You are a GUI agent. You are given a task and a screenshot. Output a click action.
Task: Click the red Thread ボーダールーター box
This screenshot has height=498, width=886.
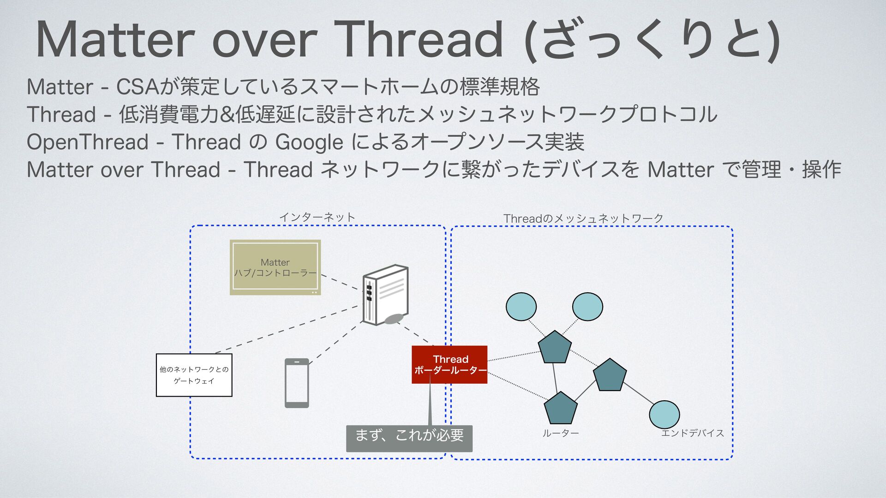click(449, 364)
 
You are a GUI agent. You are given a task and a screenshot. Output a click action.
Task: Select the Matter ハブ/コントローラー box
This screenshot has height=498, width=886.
click(275, 267)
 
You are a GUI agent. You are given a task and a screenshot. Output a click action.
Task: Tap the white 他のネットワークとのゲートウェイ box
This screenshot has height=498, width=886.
click(194, 375)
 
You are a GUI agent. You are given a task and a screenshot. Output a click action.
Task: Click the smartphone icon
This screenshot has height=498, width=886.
click(297, 383)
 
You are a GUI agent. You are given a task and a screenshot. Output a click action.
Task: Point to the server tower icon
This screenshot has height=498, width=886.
click(385, 295)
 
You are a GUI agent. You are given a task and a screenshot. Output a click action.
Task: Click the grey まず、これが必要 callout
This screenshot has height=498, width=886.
click(409, 438)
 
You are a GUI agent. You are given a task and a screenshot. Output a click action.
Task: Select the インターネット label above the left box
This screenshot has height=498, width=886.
click(317, 217)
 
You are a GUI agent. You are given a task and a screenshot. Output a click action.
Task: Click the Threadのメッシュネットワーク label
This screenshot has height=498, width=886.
click(583, 218)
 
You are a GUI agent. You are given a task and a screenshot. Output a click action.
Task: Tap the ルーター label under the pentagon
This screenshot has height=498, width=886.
click(560, 433)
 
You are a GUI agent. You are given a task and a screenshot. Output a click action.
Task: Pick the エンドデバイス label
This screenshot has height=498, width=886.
click(692, 433)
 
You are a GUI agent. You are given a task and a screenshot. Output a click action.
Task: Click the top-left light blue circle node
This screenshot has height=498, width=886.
click(521, 307)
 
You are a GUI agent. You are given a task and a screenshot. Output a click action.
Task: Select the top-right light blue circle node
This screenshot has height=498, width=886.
click(587, 307)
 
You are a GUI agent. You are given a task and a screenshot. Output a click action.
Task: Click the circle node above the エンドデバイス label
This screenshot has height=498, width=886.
click(664, 414)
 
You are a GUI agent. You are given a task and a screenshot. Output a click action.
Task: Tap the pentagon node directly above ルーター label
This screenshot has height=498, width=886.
click(561, 409)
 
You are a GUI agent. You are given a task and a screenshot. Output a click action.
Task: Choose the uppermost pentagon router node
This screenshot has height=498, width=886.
click(555, 347)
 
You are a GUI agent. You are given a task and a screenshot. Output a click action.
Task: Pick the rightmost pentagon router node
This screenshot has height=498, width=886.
click(610, 375)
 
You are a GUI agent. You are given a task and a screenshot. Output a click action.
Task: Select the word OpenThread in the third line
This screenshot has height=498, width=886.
click(87, 142)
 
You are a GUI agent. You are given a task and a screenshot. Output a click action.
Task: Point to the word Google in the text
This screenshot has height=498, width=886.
click(309, 142)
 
